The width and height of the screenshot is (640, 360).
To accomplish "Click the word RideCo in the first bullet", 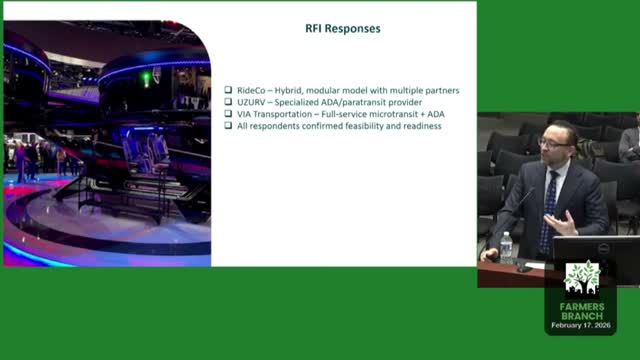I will coord(253,91).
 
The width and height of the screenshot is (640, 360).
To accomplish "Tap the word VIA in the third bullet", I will coord(244,115).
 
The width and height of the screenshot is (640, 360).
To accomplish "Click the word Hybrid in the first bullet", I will coord(295,91).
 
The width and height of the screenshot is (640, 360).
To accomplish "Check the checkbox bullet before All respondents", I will coord(228,127).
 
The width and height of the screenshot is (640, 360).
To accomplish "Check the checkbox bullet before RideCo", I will coord(228,91).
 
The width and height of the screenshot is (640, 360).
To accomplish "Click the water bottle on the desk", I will coord(506,248).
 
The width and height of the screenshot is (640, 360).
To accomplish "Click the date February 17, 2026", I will coord(580,326).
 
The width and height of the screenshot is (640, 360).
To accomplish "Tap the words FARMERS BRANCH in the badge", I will coord(580,309).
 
